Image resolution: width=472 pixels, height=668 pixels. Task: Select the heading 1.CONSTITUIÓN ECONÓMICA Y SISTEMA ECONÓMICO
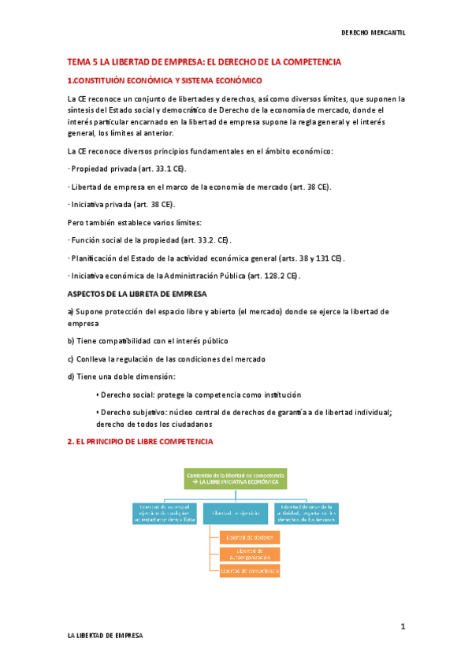[x=165, y=80]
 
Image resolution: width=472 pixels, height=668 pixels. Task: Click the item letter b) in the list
[x=71, y=341]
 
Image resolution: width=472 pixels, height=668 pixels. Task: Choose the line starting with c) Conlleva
[x=166, y=359]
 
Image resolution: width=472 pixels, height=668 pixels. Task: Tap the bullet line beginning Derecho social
[x=198, y=395]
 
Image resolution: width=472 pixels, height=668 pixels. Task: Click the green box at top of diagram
[x=235, y=477]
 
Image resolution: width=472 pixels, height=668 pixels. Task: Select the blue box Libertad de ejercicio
[x=235, y=512]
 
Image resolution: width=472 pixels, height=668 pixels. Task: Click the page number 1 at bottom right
[x=402, y=627]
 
